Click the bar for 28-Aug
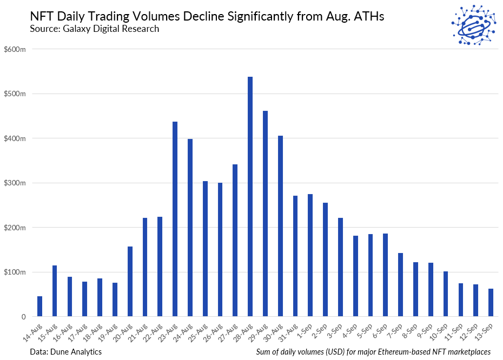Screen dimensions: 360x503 click(x=250, y=197)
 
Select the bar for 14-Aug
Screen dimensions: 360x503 click(x=40, y=306)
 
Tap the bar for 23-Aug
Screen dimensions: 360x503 click(x=175, y=219)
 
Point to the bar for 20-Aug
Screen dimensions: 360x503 click(x=130, y=282)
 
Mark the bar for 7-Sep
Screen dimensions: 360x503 click(x=401, y=285)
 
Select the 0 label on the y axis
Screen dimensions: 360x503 click(x=23, y=317)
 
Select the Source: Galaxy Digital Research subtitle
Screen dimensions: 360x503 click(x=95, y=29)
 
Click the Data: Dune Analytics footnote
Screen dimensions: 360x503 click(x=66, y=351)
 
